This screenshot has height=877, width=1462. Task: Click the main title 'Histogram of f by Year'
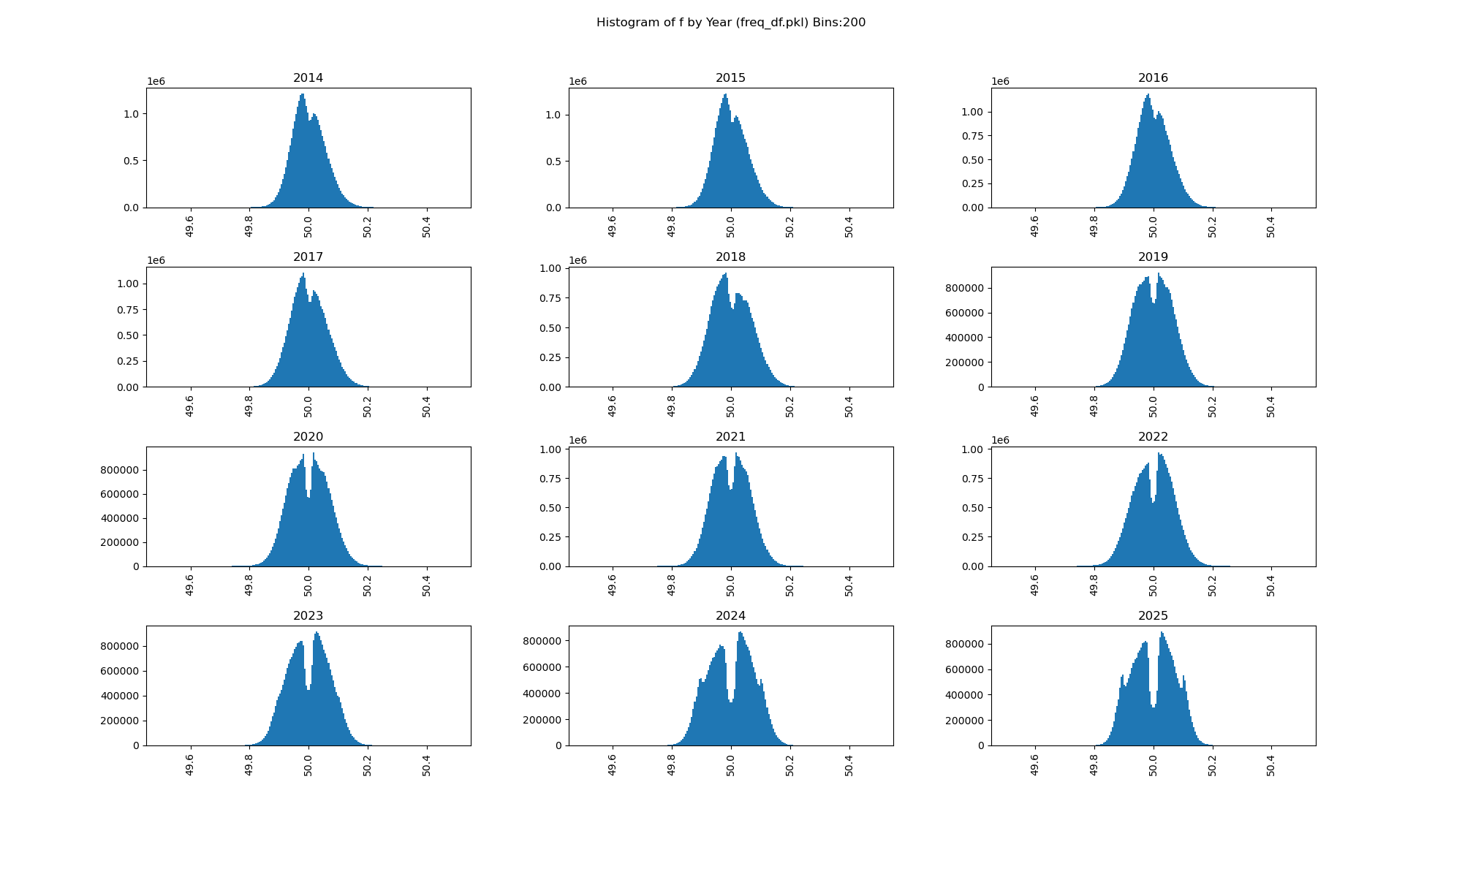pyautogui.click(x=730, y=23)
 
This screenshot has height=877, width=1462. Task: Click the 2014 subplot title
pyautogui.click(x=308, y=78)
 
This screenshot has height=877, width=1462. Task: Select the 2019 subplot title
pyautogui.click(x=1153, y=257)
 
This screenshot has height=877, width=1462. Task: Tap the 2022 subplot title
pyautogui.click(x=1153, y=437)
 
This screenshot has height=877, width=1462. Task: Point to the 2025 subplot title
pyautogui.click(x=1153, y=616)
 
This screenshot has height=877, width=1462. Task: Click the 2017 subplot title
pyautogui.click(x=308, y=257)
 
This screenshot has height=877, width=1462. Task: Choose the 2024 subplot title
pyautogui.click(x=730, y=616)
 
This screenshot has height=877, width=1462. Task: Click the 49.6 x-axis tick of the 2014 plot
pyautogui.click(x=190, y=227)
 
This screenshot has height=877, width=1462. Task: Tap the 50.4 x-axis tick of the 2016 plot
pyautogui.click(x=1271, y=227)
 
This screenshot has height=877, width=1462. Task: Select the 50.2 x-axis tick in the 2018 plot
pyautogui.click(x=790, y=406)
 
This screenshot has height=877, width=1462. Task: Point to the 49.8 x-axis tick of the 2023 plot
pyautogui.click(x=249, y=765)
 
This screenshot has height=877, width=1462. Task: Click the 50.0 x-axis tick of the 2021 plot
pyautogui.click(x=731, y=585)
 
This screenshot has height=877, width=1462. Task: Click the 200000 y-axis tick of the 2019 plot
pyautogui.click(x=964, y=362)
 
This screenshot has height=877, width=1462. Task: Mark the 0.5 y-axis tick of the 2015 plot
pyautogui.click(x=553, y=162)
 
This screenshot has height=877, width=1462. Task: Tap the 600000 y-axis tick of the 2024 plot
pyautogui.click(x=542, y=667)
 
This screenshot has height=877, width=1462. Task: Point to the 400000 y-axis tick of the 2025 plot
pyautogui.click(x=964, y=695)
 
